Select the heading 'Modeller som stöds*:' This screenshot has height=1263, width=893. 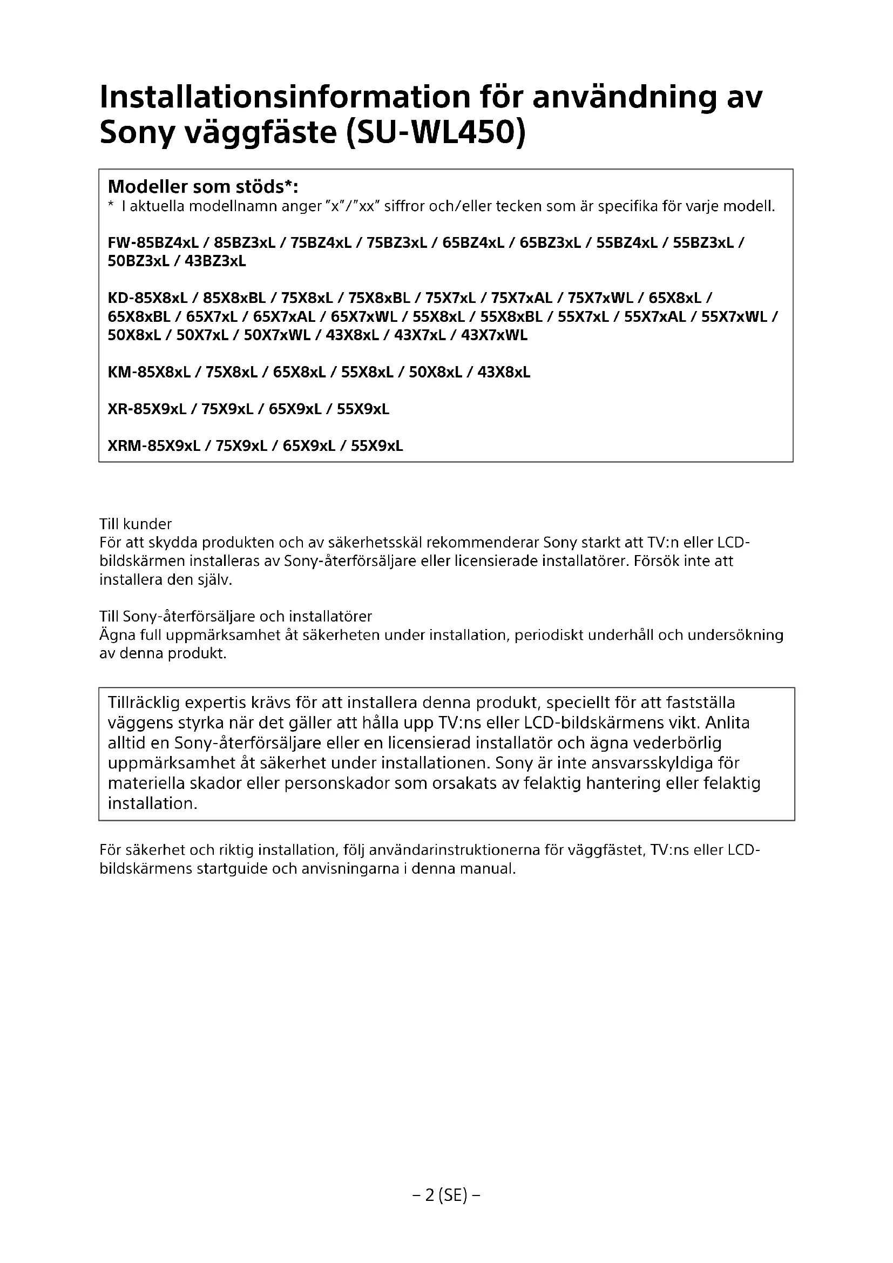click(203, 186)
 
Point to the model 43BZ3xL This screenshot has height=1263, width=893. click(215, 261)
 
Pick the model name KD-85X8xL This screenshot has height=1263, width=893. click(148, 298)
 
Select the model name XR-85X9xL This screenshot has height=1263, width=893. click(147, 409)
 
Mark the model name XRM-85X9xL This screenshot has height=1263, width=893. click(154, 445)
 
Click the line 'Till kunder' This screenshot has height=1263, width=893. click(136, 524)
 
